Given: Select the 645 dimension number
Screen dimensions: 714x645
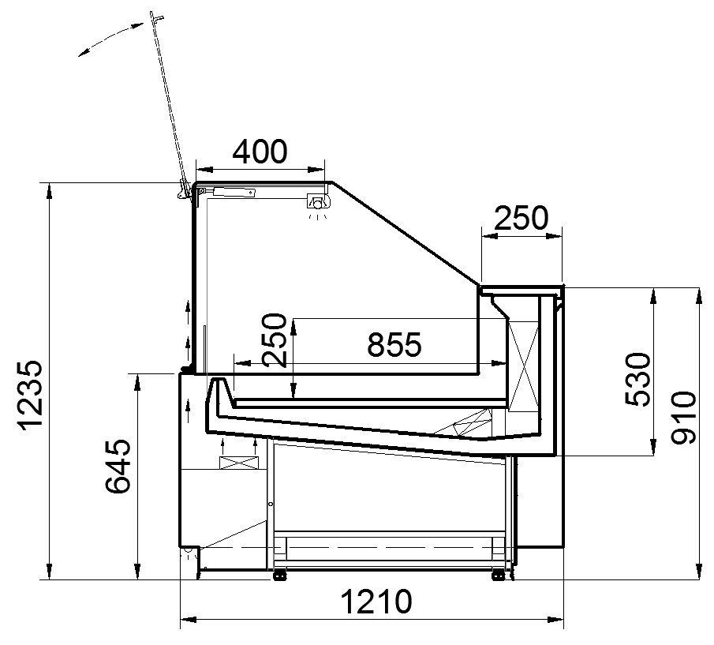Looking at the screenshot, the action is pos(118,467).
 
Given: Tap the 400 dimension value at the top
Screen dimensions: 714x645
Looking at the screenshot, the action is pos(260,152).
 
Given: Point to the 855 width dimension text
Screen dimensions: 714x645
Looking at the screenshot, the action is pos(394,344).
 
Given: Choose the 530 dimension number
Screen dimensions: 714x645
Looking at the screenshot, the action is pos(638,380).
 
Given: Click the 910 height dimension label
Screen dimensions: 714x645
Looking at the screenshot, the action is pos(684,418).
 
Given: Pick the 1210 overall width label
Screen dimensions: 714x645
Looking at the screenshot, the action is pos(376,602).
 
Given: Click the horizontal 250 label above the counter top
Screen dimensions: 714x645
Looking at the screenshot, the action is pos(521,218).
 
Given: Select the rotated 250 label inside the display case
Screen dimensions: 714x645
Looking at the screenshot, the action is pos(275,339).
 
